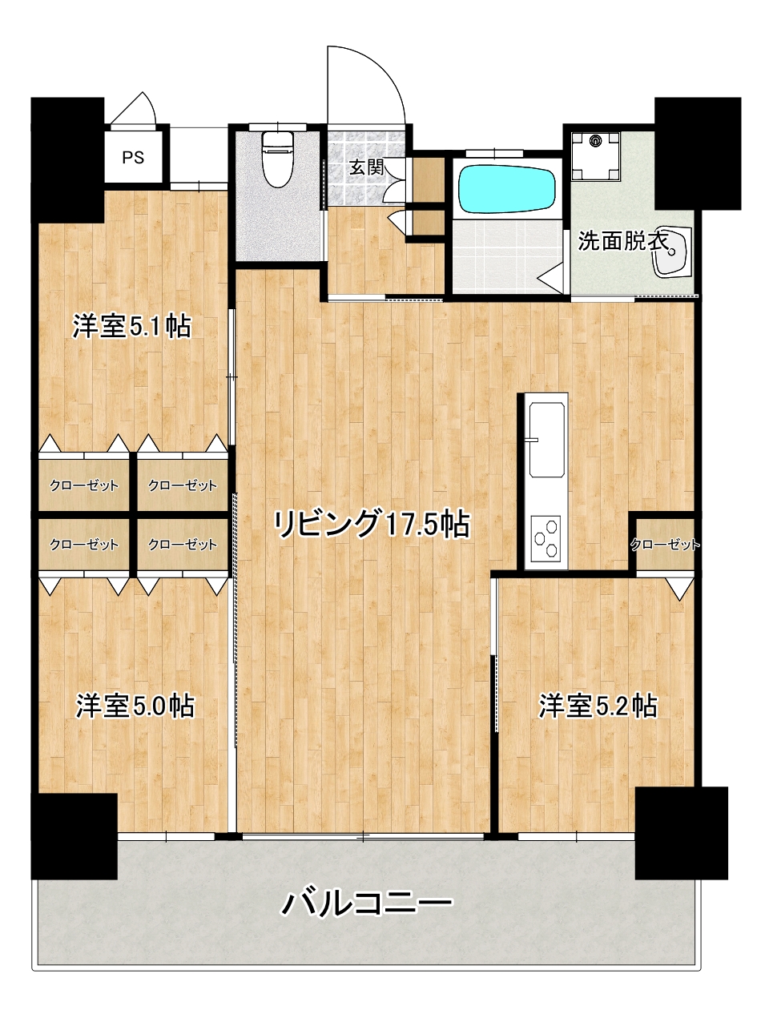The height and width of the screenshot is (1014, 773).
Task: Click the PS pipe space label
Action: point(133,158)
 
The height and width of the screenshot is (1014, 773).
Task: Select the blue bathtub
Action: point(506,189)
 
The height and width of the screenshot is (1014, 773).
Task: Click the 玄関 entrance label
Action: point(366,167)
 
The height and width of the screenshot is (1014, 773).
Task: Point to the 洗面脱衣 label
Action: point(623,240)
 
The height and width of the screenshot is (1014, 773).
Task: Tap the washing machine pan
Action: point(596,155)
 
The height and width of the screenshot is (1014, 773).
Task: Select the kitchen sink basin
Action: point(546,439)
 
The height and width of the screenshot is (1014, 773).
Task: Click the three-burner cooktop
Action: point(546,538)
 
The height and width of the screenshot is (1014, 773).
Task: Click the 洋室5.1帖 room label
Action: point(131,327)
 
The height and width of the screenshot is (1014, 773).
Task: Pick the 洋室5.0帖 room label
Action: point(135,706)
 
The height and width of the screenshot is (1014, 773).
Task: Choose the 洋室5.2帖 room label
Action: point(598,706)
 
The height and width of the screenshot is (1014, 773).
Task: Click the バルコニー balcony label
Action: point(367,903)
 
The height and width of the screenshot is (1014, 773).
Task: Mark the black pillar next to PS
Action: point(67,160)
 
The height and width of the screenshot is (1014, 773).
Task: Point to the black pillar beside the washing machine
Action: point(698,153)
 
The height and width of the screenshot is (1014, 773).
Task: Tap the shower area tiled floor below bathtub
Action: point(507,256)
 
